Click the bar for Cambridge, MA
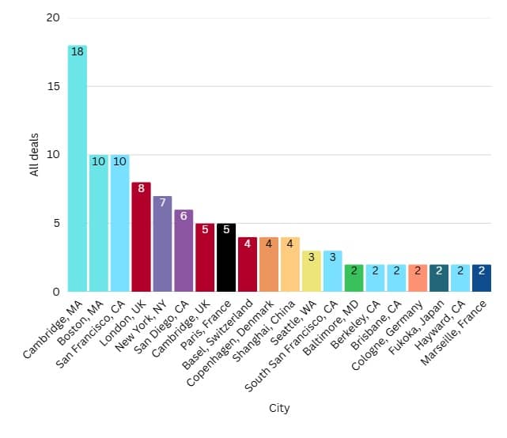(78, 170)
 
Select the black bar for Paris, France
(226, 259)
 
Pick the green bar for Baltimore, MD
(354, 279)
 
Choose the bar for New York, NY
(162, 245)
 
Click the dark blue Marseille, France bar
(481, 279)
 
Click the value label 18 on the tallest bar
(78, 52)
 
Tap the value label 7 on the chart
(162, 203)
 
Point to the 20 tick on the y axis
(53, 17)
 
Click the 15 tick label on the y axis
(53, 86)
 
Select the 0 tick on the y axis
(56, 292)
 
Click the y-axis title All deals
(34, 154)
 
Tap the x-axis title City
(279, 409)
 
